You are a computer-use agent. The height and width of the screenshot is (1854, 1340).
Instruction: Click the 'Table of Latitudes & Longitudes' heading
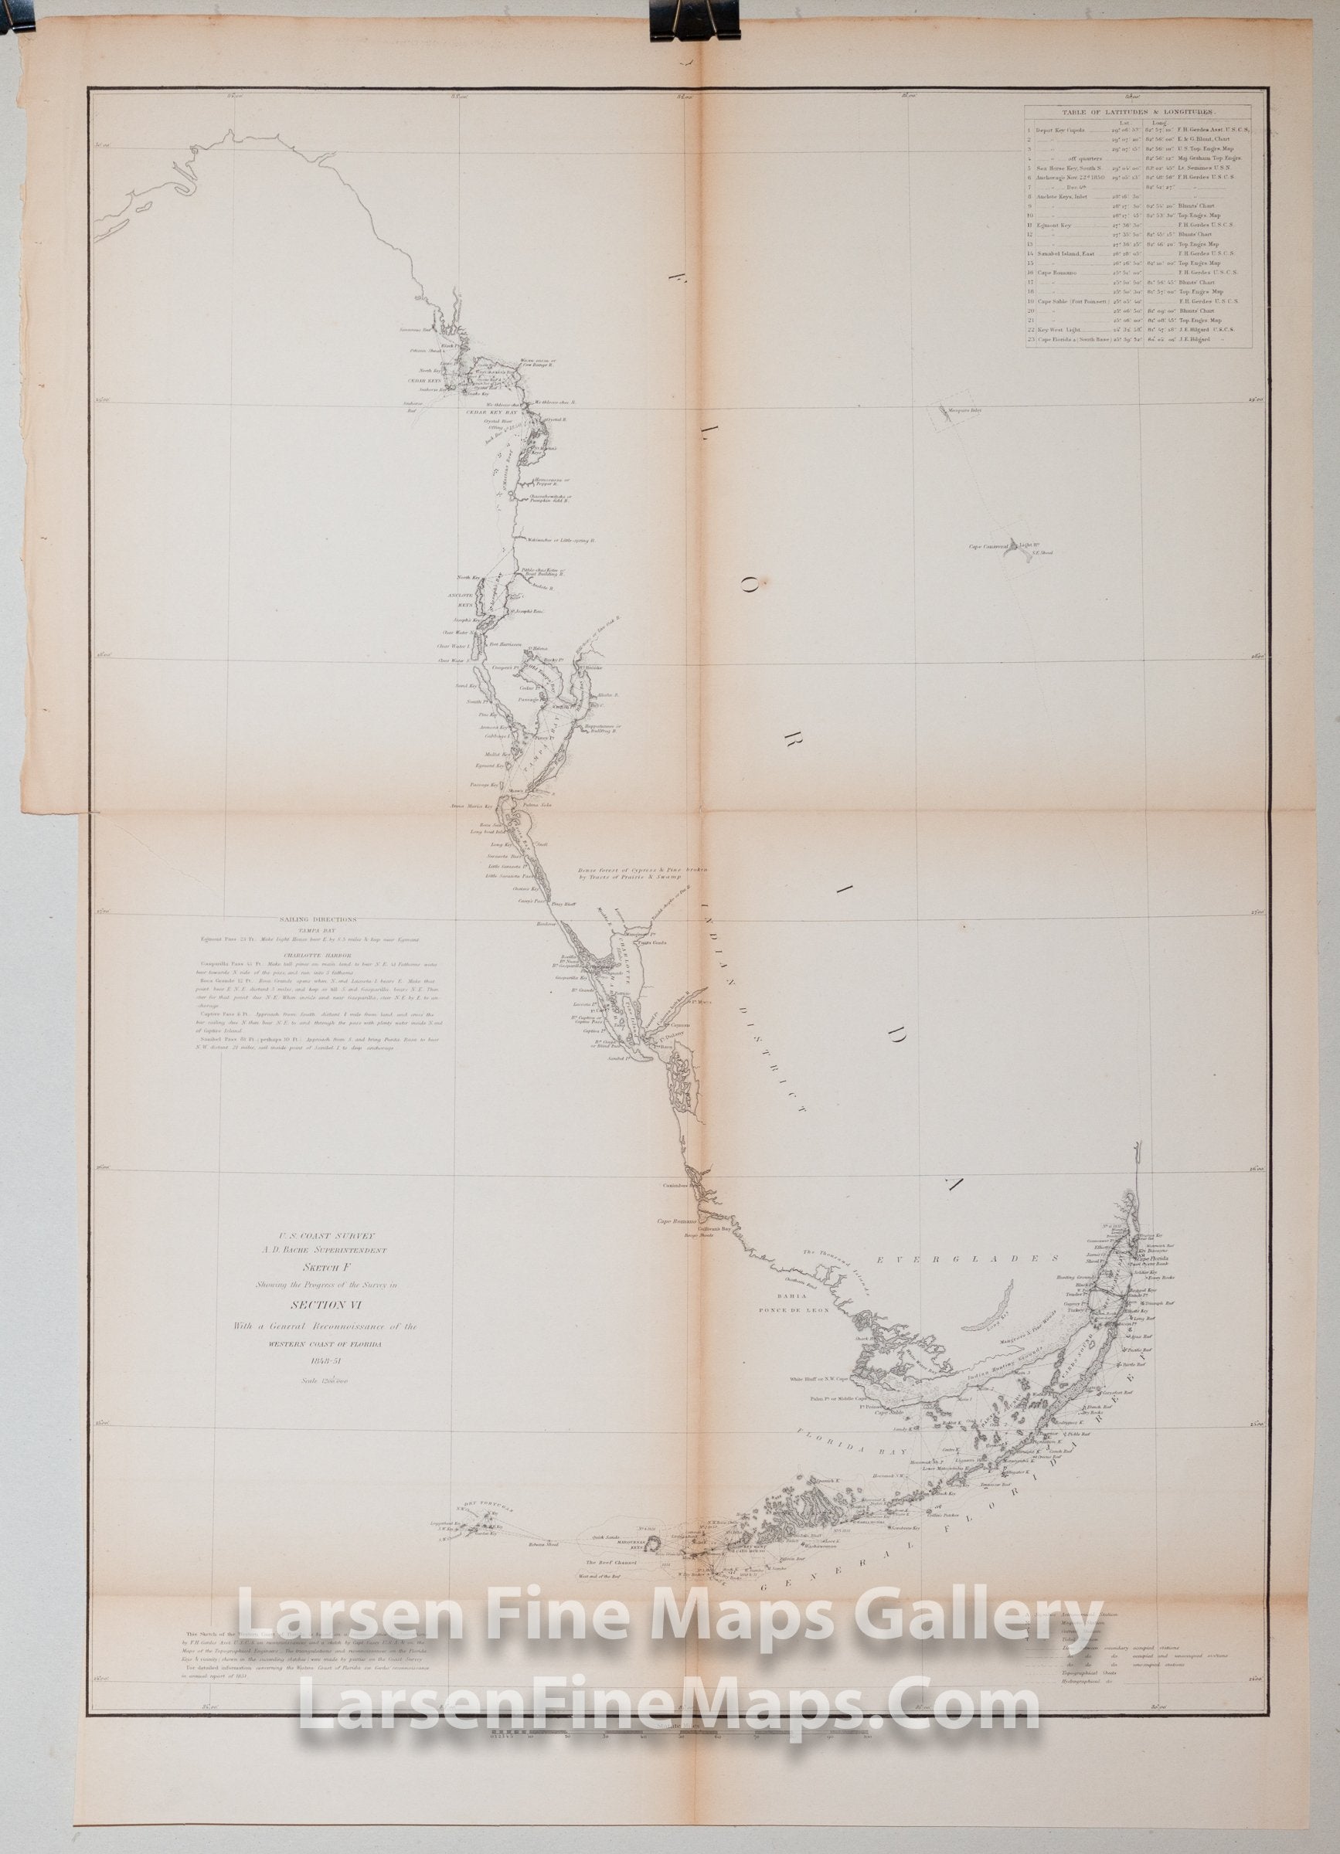tap(1138, 114)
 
